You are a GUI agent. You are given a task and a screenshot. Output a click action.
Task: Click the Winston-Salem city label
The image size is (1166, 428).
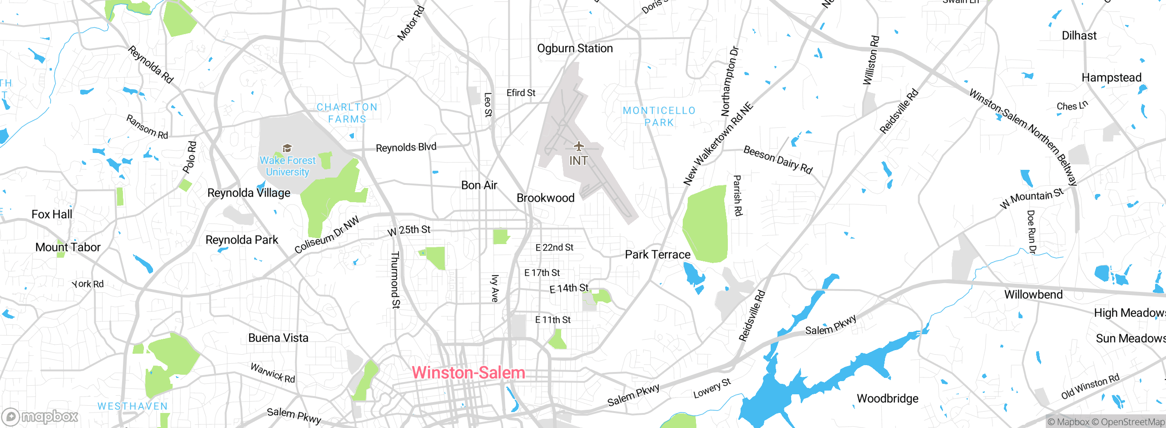pyautogui.click(x=468, y=373)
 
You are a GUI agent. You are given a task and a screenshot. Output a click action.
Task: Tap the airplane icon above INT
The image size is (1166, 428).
pyautogui.click(x=578, y=147)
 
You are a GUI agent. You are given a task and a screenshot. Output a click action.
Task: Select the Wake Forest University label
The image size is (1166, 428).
pyautogui.click(x=287, y=166)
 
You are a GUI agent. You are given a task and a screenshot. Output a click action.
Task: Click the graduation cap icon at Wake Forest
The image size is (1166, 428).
pyautogui.click(x=287, y=148)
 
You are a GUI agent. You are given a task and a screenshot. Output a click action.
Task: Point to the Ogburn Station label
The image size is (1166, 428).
pyautogui.click(x=575, y=48)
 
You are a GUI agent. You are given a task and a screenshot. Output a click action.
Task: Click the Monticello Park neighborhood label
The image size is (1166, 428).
pyautogui.click(x=659, y=117)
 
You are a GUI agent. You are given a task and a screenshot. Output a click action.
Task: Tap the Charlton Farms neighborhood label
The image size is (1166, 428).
pyautogui.click(x=347, y=113)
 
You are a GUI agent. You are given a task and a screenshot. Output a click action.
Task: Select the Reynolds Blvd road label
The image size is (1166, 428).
pyautogui.click(x=406, y=148)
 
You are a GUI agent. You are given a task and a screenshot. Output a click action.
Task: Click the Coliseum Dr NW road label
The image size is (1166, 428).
pyautogui.click(x=327, y=235)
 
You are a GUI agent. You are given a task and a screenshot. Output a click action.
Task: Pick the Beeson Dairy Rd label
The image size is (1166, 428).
pyautogui.click(x=777, y=160)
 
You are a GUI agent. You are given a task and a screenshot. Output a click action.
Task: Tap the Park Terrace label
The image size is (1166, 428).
pyautogui.click(x=657, y=255)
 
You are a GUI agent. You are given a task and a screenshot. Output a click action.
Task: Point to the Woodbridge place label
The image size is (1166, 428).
pyautogui.click(x=887, y=399)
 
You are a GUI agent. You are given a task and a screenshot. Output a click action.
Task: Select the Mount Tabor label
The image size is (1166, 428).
pyautogui.click(x=68, y=247)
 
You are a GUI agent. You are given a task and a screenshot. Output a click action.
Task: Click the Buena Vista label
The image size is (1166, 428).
pyautogui.click(x=278, y=338)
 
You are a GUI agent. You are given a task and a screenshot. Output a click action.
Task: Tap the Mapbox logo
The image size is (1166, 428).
pyautogui.click(x=40, y=417)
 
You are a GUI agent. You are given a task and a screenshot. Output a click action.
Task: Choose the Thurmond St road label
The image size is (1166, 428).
pyautogui.click(x=395, y=280)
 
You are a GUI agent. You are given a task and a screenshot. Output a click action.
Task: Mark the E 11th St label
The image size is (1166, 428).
pyautogui.click(x=552, y=320)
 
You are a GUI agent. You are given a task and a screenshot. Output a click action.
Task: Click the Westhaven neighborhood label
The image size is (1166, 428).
pyautogui.click(x=133, y=406)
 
